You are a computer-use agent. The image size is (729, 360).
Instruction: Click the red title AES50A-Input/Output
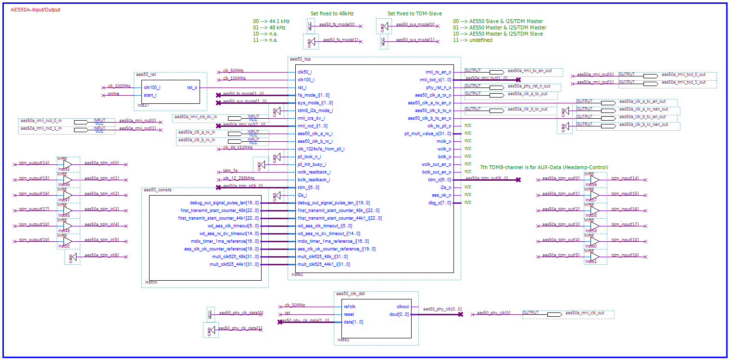pos(35,10)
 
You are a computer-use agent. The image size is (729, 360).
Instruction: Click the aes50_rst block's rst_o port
pos(192,87)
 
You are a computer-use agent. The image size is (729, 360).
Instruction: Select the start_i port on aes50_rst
pos(150,95)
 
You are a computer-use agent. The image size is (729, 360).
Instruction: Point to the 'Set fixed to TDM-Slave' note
pos(415,13)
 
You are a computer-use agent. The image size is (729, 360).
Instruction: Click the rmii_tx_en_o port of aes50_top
pos(435,72)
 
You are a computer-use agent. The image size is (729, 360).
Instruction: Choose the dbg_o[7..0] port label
pos(440,202)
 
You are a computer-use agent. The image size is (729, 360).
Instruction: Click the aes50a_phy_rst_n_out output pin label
pos(529,86)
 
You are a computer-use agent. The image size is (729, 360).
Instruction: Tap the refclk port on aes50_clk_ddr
pos(350,307)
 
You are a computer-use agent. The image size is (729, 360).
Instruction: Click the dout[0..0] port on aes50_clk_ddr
pos(399,314)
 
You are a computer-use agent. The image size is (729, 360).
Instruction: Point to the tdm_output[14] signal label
pos(34,163)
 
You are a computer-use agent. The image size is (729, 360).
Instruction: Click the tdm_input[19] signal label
pos(625,255)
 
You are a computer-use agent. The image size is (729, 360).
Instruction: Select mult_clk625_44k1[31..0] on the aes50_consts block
pos(234,264)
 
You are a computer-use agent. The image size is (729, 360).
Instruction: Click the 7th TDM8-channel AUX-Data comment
pos(544,167)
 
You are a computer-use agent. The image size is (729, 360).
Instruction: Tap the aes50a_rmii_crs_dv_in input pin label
pos(195,117)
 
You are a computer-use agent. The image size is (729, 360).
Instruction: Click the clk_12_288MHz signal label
pos(239,178)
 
